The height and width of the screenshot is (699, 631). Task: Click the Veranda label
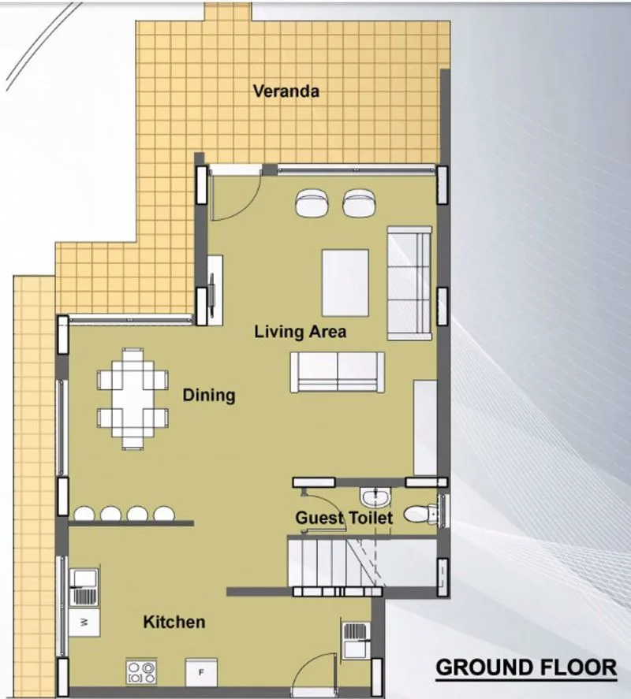(x=286, y=91)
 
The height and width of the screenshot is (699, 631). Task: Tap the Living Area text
(x=301, y=332)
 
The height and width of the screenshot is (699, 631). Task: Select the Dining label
(x=209, y=395)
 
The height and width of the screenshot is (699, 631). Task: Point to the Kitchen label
(x=174, y=622)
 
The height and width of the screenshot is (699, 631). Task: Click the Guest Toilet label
(x=344, y=518)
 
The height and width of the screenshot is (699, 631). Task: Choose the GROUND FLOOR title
(x=527, y=667)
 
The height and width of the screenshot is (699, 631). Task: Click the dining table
(x=133, y=398)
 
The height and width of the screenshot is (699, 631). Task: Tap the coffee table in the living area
(x=345, y=283)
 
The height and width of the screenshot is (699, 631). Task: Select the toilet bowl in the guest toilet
(x=422, y=514)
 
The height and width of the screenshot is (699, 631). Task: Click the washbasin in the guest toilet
(x=375, y=496)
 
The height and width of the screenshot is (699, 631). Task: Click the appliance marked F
(x=201, y=672)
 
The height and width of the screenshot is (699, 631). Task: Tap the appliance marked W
(x=84, y=623)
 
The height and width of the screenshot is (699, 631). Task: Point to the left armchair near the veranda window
(x=312, y=203)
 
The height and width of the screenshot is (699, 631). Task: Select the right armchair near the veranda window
(x=359, y=203)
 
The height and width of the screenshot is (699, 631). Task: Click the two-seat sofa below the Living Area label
(x=338, y=372)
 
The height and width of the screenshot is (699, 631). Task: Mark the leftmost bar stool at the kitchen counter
(x=84, y=514)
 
